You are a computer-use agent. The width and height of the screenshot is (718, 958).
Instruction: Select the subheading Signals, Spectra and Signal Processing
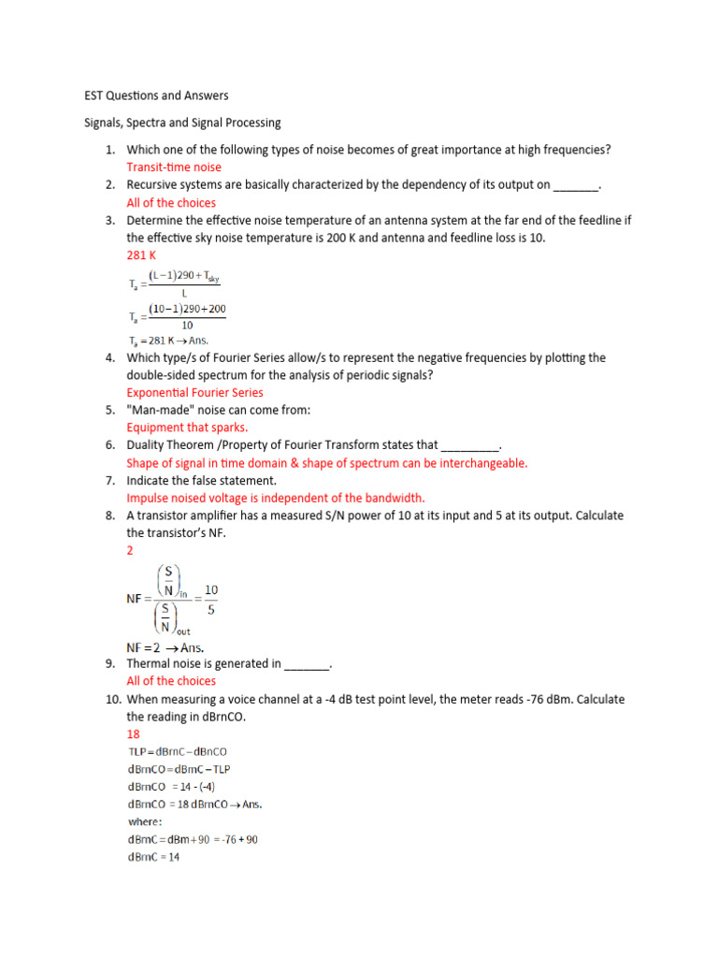[x=178, y=123]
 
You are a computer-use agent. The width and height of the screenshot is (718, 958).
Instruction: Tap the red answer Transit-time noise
[x=174, y=167]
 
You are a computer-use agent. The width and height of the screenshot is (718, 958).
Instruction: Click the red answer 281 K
[x=141, y=255]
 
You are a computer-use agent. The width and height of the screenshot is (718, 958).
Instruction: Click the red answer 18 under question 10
[x=133, y=734]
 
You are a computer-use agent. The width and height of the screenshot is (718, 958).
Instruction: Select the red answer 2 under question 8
[x=130, y=551]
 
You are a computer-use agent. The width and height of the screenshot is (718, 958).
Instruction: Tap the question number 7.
[x=108, y=481]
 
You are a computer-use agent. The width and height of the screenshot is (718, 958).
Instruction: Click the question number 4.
[x=108, y=358]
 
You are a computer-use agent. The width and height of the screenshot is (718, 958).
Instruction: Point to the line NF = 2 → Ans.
[x=165, y=647]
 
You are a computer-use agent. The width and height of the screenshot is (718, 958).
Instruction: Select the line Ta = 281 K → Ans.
[x=168, y=341]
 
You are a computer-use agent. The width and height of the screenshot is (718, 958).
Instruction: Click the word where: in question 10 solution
[x=147, y=822]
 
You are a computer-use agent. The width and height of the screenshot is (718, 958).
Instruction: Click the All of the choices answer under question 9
[x=171, y=681]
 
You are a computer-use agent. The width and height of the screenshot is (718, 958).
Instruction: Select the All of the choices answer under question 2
[x=171, y=203]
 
